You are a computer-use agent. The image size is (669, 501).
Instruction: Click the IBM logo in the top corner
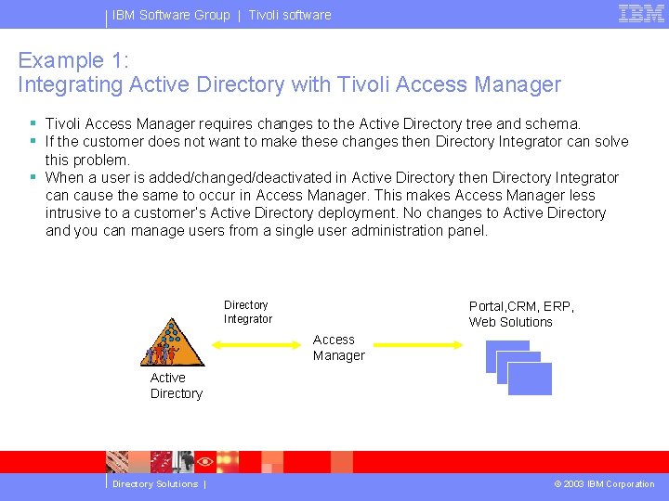click(x=641, y=13)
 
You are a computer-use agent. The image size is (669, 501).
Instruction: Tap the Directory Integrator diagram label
click(x=247, y=312)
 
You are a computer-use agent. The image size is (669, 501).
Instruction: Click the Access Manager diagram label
click(x=338, y=348)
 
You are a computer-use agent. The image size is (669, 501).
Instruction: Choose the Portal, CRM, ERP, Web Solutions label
click(x=521, y=315)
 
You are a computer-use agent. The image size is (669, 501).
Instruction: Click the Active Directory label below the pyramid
click(x=176, y=386)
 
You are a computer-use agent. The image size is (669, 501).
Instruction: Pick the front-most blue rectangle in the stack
click(x=529, y=379)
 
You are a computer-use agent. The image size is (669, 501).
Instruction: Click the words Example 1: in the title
click(x=73, y=61)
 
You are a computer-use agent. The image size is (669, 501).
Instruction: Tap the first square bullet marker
click(x=33, y=123)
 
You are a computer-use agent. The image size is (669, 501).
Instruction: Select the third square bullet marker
click(x=33, y=177)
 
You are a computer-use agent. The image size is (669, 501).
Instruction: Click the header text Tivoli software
click(x=289, y=15)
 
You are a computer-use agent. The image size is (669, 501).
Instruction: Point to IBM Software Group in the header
click(x=171, y=15)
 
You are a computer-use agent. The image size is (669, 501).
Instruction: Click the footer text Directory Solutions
click(x=154, y=484)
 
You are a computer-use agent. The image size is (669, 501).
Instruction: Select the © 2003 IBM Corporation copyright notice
click(x=604, y=484)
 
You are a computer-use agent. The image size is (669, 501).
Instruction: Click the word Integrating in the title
click(x=71, y=85)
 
